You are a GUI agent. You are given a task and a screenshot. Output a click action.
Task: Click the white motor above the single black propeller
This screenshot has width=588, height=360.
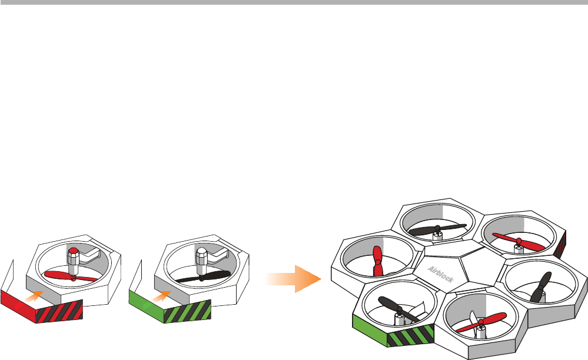pyautogui.click(x=201, y=262)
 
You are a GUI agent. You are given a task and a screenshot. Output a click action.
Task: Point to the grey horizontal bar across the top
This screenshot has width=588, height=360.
pyautogui.click(x=294, y=2)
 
